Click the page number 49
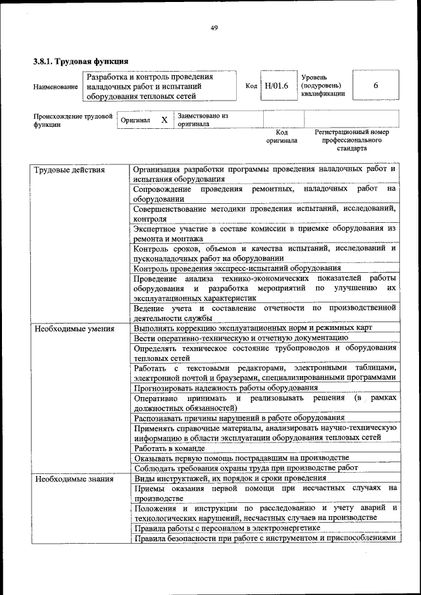pyautogui.click(x=214, y=27)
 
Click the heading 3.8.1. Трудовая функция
pyautogui.click(x=80, y=61)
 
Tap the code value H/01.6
pyautogui.click(x=276, y=86)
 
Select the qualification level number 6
pyautogui.click(x=376, y=86)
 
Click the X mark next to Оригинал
pyautogui.click(x=164, y=120)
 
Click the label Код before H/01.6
pyautogui.click(x=251, y=86)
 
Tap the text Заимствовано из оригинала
pyautogui.click(x=203, y=120)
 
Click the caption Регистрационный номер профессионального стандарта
pyautogui.click(x=351, y=140)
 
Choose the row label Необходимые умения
pyautogui.click(x=74, y=328)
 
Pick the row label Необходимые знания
pyautogui.click(x=73, y=479)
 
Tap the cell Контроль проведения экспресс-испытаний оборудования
pyautogui.click(x=237, y=268)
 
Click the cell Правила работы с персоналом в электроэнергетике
pyautogui.click(x=226, y=527)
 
